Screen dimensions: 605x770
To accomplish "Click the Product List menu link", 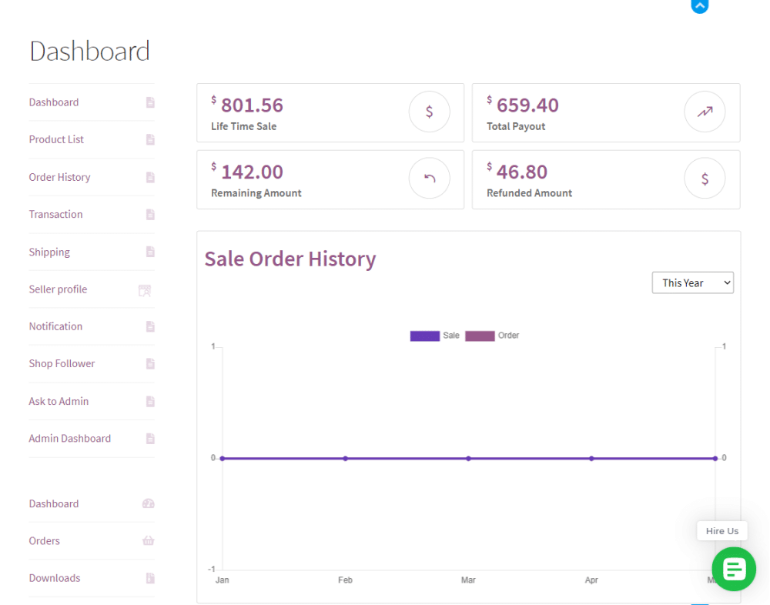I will [56, 139].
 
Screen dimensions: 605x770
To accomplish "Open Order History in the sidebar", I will [59, 177].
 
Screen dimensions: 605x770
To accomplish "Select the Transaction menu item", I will [55, 214].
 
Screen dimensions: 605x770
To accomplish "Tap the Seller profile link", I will [58, 289].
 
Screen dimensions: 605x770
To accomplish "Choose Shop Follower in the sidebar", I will [62, 363].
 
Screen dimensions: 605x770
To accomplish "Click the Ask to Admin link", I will [59, 401].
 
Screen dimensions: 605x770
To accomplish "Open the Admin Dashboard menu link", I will [69, 438].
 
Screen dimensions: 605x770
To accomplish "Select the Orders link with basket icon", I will [44, 540].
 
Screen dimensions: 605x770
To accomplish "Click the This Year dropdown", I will [692, 282].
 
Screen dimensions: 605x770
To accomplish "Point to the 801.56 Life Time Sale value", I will [252, 105].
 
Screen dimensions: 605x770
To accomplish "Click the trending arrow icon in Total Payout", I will [705, 112].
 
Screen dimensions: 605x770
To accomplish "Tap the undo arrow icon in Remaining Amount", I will [429, 179].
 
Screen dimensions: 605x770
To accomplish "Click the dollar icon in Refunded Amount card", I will [705, 179].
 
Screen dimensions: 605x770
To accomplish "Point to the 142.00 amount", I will [252, 172].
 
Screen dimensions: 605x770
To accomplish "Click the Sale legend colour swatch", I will [424, 336].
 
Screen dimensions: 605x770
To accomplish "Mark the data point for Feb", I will [345, 458].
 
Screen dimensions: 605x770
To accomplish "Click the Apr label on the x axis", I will [591, 580].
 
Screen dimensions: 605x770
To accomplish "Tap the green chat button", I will [733, 570].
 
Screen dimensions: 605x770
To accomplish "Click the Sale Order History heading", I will [290, 259].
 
